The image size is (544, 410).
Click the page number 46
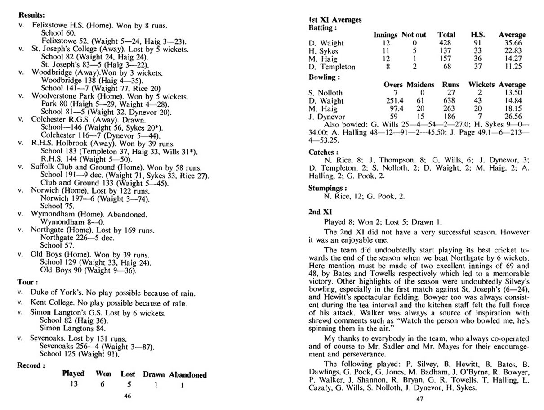click(127, 396)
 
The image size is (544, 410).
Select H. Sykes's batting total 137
click(446, 51)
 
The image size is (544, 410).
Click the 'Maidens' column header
click(421, 84)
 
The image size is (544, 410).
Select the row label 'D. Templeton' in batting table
click(332, 67)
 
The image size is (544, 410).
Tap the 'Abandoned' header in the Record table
click(188, 374)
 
